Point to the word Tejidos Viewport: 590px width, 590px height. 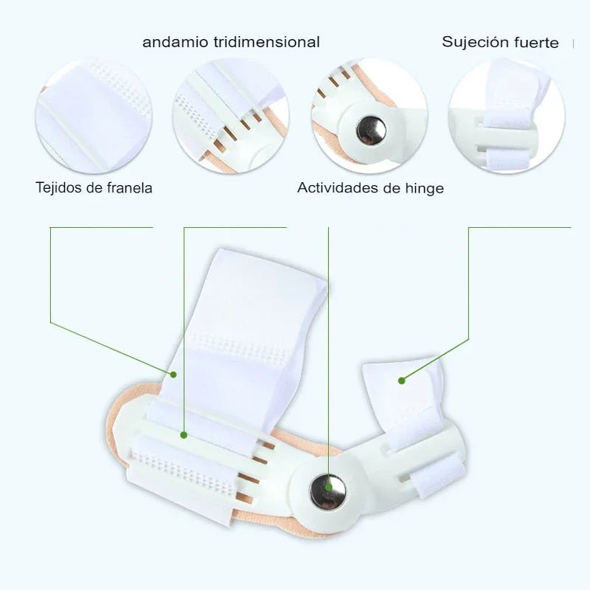pos(59,187)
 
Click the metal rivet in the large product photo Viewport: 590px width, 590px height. pos(328,491)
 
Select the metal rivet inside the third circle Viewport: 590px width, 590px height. pos(370,131)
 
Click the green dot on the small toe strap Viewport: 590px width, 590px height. pos(402,381)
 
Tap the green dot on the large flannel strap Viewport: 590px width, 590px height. pos(174,374)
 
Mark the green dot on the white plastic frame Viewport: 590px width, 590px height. pos(184,435)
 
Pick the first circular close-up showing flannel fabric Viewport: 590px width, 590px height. pos(93,116)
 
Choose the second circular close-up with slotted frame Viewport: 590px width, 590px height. pos(230,116)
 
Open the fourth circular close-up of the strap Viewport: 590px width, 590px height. pos(507,116)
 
